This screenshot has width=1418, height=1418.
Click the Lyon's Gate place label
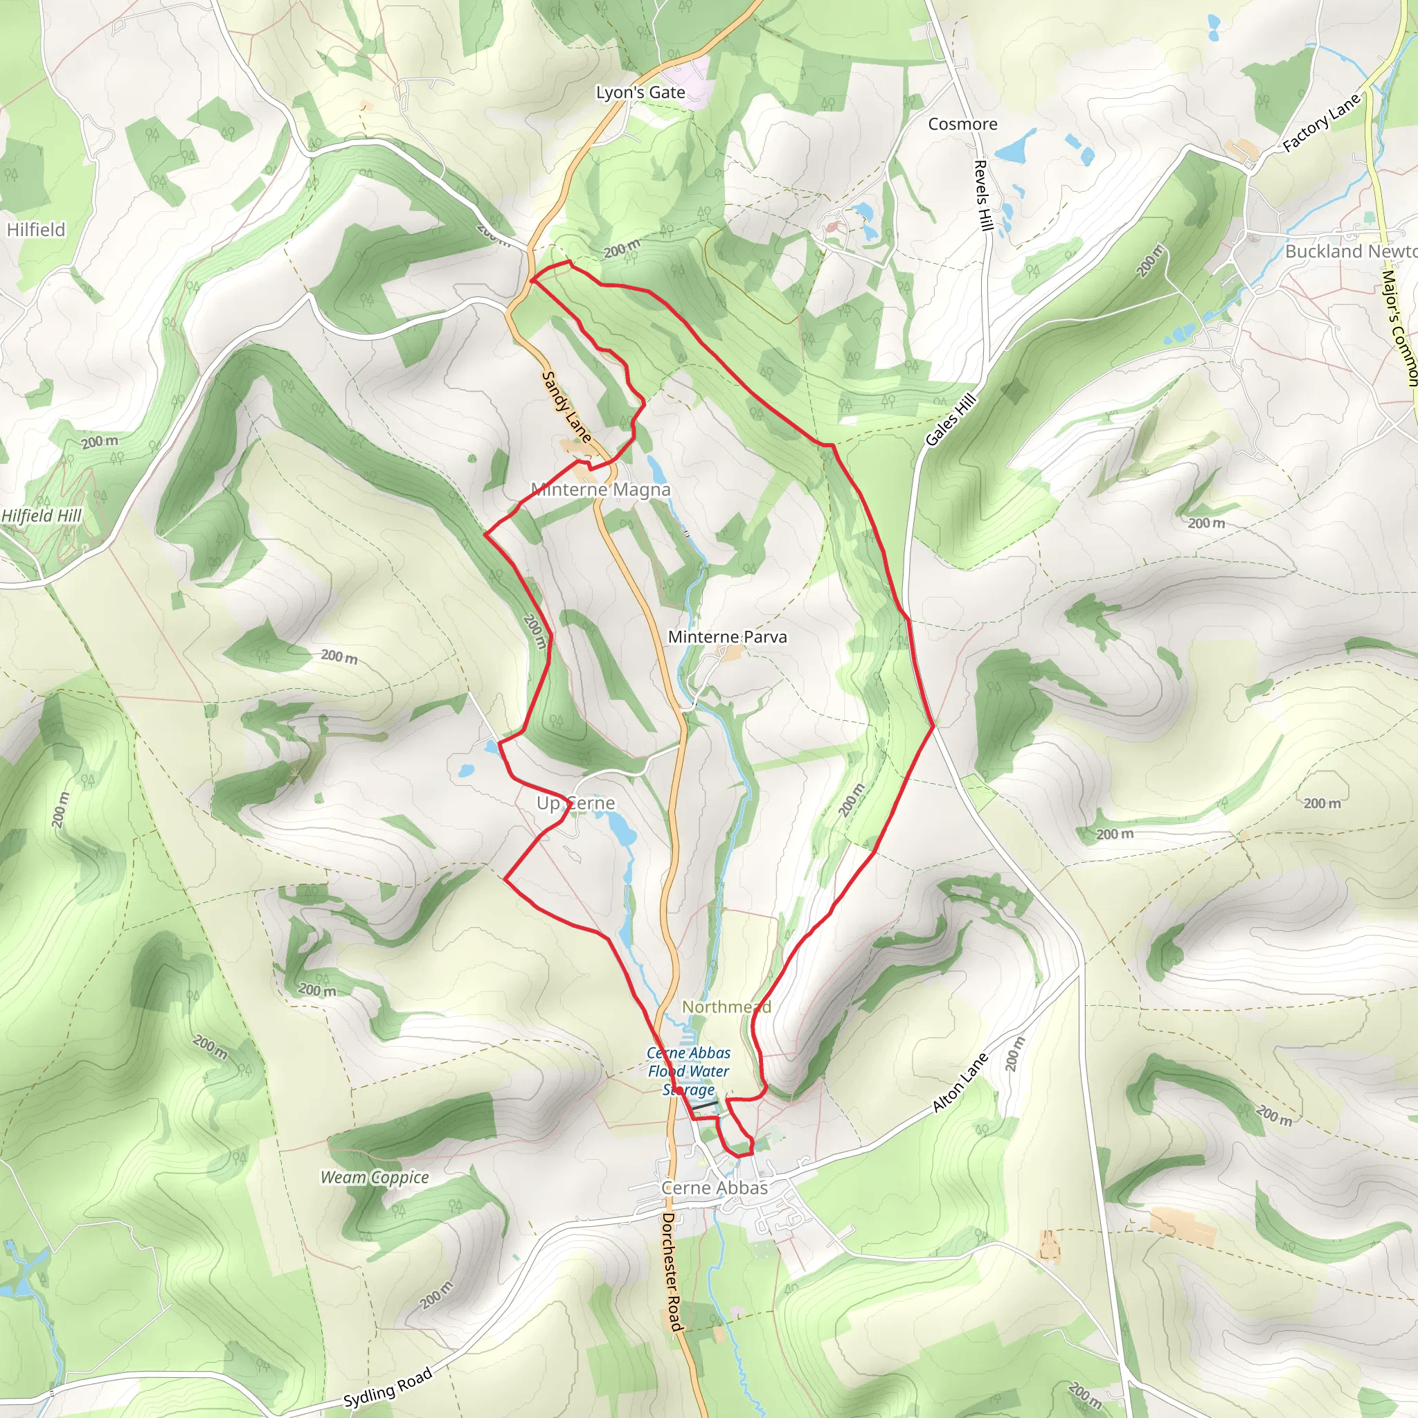pos(640,93)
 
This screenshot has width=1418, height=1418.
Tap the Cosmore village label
pos(962,124)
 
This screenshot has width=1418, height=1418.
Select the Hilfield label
pos(36,230)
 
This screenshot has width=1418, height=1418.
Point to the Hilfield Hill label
pos(41,515)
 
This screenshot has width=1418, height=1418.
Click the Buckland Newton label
pos(1349,251)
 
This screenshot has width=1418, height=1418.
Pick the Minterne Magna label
pos(600,490)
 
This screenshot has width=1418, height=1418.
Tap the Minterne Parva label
pos(726,637)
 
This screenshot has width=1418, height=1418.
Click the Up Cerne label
pos(575,803)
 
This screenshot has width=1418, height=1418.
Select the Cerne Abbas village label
pos(714,1187)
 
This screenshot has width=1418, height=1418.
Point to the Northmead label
pos(726,1006)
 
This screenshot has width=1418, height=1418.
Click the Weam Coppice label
pos(375,1176)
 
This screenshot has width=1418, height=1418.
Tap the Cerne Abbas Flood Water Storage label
pos(688,1071)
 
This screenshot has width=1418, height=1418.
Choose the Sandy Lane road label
pos(566,406)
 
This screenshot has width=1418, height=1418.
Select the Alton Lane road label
pos(961,1083)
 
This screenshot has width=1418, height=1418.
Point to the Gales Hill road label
pos(951,420)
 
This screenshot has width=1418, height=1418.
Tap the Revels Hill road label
pos(982,195)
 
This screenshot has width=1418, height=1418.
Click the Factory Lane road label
pos(1321,124)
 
